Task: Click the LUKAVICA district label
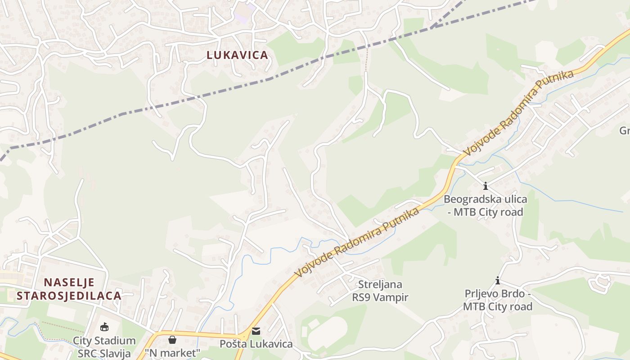pos(237,55)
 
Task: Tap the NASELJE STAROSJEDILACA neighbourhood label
pos(69,289)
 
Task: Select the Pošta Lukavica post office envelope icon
pos(256,331)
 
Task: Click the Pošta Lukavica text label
pos(256,344)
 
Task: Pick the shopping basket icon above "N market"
pos(172,339)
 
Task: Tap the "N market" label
pos(172,353)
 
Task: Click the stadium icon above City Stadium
pos(104,327)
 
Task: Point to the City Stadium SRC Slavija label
pos(104,347)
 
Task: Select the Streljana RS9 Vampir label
pos(380,291)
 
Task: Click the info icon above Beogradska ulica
pos(486,186)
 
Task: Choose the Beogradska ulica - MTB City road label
pos(486,205)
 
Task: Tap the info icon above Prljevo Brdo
pos(498,281)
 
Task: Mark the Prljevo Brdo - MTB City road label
pos(498,300)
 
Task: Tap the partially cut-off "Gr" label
pos(625,130)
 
